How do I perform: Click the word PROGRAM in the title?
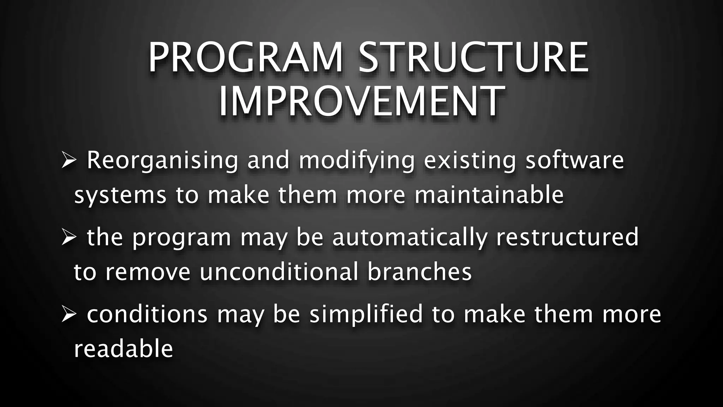246,58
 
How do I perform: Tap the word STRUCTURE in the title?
473,58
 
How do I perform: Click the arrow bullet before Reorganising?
68,160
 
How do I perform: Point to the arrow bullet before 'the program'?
68,237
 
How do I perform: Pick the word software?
575,160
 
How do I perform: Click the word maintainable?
489,195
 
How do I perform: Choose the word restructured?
567,237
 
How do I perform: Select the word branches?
419,272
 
